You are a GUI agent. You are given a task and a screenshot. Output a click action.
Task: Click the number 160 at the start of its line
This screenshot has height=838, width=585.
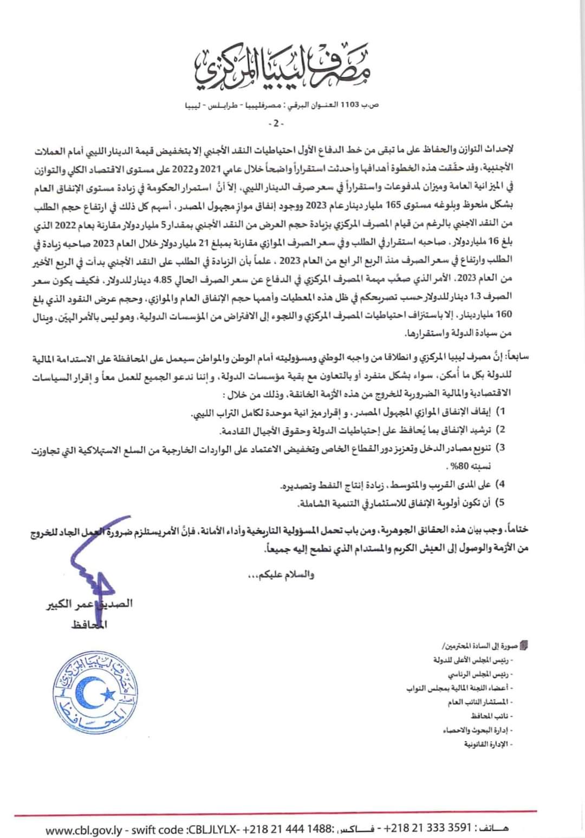click(504, 315)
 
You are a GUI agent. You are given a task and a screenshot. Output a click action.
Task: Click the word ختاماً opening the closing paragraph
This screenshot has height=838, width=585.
click(517, 529)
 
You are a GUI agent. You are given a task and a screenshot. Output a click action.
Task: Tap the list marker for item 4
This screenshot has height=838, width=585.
click(501, 483)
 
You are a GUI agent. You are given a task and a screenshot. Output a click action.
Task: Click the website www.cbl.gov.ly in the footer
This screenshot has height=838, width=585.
click(87, 829)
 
